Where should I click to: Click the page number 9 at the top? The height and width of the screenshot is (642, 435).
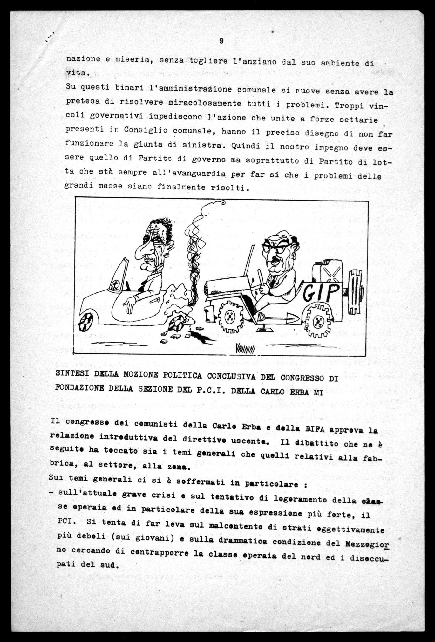221,41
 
